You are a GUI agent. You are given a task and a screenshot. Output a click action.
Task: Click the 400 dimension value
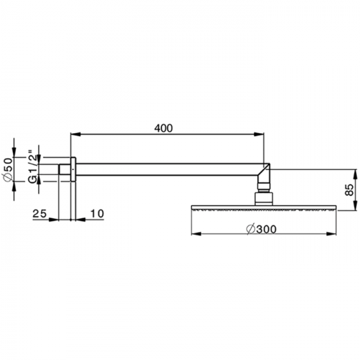163,128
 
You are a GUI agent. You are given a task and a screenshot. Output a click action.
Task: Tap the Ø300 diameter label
261,229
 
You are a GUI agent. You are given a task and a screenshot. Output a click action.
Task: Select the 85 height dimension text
349,189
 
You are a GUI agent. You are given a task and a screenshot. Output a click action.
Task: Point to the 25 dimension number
40,213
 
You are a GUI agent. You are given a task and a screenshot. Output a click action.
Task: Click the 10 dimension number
97,213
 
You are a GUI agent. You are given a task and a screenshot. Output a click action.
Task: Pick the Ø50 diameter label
8,170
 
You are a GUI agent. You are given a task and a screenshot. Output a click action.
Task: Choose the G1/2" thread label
33,167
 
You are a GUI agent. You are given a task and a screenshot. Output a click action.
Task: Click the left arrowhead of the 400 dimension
76,135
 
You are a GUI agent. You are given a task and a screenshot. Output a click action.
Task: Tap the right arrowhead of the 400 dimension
258,135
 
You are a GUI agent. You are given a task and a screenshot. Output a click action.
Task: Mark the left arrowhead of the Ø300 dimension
197,234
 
